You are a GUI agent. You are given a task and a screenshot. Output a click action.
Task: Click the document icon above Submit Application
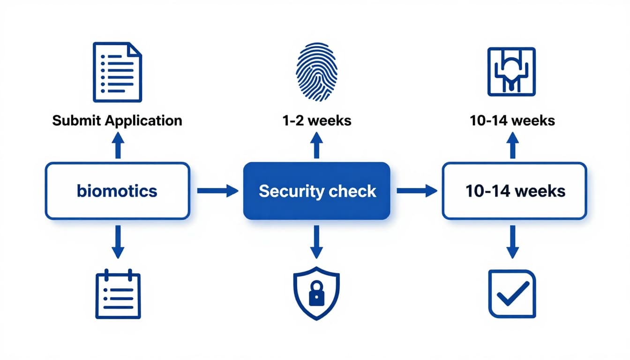(117, 72)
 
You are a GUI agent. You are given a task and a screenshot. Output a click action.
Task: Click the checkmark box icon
(512, 294)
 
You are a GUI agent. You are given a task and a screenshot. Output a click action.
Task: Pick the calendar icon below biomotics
(118, 294)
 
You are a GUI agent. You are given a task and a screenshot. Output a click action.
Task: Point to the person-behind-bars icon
(512, 71)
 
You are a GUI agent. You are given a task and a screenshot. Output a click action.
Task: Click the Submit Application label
(117, 120)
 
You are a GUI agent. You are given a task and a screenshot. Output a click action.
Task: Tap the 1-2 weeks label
(317, 120)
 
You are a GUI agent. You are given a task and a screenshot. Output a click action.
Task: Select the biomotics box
(117, 191)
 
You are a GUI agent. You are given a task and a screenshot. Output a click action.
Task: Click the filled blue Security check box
(317, 191)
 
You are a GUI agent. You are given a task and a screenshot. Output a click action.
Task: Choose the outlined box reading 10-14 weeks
(514, 191)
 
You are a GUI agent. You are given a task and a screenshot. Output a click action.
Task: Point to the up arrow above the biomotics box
(118, 145)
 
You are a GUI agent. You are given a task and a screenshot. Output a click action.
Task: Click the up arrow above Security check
(316, 145)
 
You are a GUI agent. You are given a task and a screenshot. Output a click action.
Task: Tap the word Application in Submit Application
(143, 120)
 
